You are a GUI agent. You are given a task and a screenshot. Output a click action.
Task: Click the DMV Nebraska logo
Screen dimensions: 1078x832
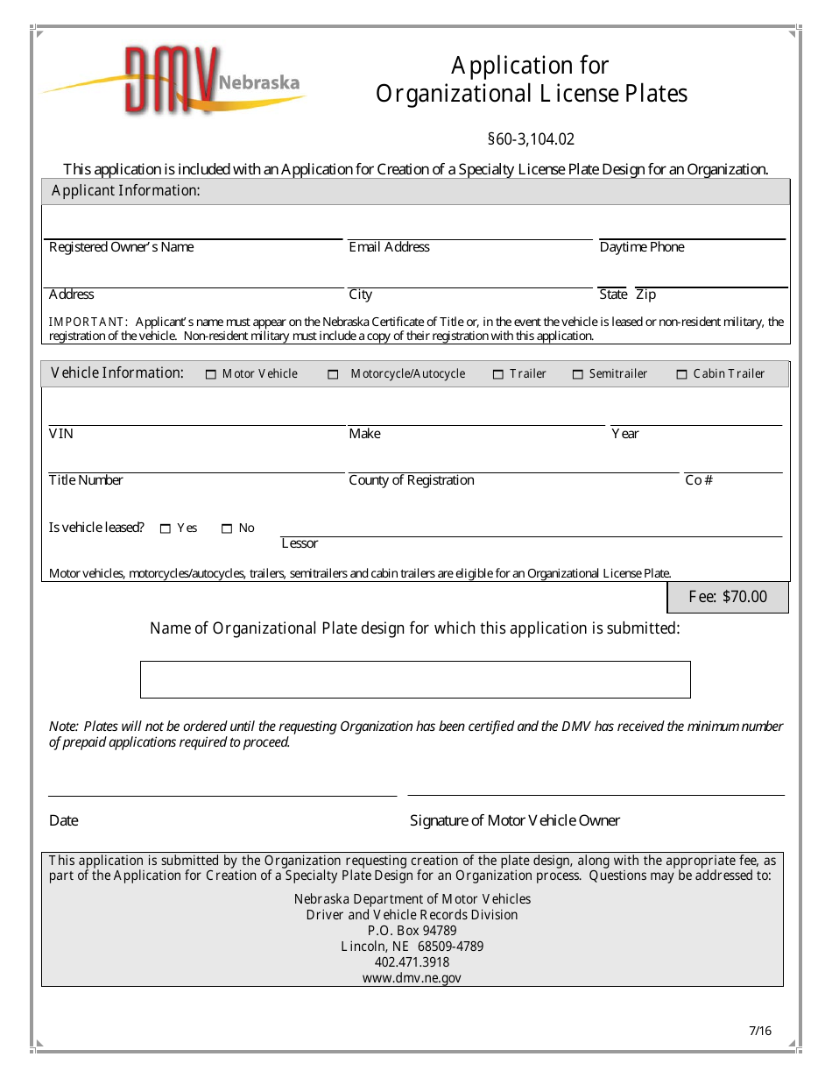pos(175,82)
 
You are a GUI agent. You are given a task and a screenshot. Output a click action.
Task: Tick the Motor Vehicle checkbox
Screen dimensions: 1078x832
pos(210,374)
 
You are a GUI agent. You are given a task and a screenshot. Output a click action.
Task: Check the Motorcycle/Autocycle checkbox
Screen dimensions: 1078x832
pos(333,374)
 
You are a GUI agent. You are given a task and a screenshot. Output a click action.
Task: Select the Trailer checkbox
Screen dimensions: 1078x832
pos(497,374)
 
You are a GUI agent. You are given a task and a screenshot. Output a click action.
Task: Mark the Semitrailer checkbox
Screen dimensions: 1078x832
pos(577,374)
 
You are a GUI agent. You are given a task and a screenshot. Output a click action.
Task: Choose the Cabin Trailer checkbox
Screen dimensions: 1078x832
pos(681,374)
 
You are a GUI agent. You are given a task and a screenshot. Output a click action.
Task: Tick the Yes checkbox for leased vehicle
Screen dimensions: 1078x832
pos(166,528)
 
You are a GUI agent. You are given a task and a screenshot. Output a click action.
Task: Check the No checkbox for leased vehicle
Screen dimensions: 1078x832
pos(227,528)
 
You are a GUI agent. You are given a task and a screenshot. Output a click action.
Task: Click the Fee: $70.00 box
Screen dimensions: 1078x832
pos(727,597)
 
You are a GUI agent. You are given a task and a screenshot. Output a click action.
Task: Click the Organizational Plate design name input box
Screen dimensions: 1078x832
pos(415,679)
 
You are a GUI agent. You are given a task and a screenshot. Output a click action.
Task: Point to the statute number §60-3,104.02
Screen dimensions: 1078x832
pos(531,138)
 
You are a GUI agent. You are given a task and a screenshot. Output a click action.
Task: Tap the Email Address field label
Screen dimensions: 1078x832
pos(389,247)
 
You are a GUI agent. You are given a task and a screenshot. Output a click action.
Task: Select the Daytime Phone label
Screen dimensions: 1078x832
pos(641,247)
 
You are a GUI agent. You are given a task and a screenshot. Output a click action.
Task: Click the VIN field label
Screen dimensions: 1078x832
pos(61,434)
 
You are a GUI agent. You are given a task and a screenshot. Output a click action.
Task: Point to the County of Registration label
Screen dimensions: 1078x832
pos(411,480)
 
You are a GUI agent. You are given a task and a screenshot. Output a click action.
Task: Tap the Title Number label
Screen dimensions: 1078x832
pos(86,480)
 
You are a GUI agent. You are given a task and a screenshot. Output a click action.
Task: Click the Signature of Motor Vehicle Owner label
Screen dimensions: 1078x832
pos(514,820)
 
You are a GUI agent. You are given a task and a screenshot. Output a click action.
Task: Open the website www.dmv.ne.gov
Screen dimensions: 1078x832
pos(412,978)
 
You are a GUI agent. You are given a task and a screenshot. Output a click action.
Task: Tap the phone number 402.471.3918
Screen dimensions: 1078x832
pos(412,962)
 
